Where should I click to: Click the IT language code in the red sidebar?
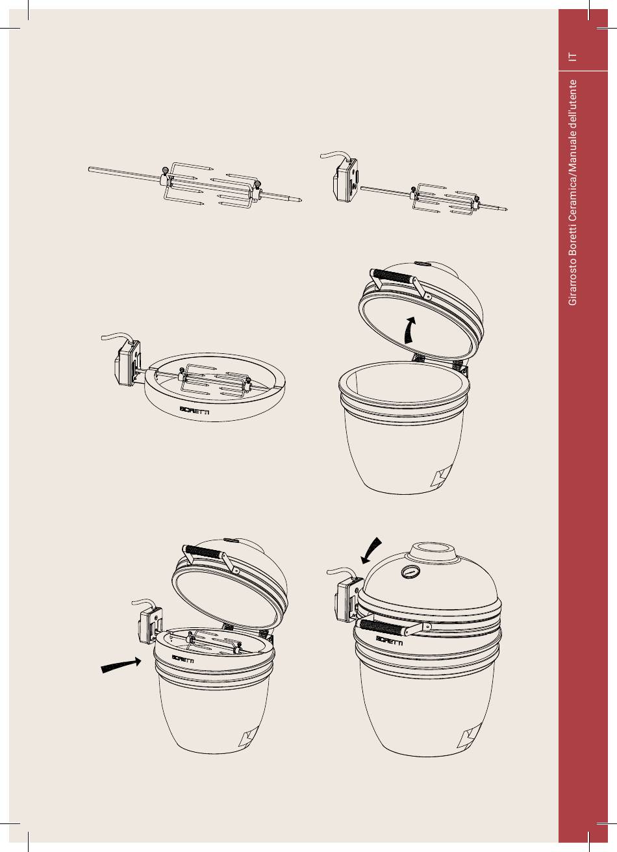572,56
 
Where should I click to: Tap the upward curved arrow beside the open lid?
409,330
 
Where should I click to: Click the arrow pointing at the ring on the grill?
121,664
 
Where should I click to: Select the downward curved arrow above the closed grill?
370,551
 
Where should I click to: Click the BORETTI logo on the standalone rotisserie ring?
194,411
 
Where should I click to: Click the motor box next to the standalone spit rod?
345,181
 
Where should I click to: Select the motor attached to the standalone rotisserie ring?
127,363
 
